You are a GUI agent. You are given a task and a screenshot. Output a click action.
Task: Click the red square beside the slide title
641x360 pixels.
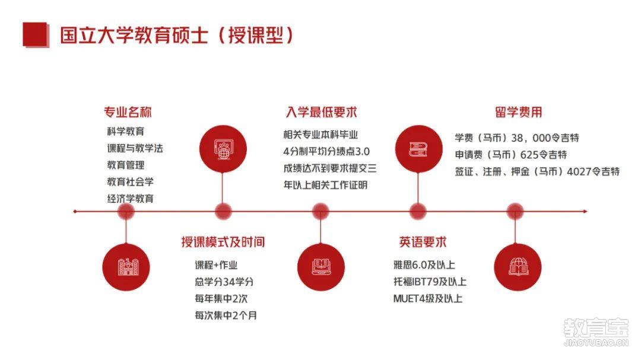point(36,34)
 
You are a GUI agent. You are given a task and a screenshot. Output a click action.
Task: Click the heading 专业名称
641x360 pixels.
point(128,112)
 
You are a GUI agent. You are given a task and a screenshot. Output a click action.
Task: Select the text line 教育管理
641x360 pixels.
point(126,165)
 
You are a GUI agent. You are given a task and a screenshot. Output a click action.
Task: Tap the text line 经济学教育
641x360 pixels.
point(131,199)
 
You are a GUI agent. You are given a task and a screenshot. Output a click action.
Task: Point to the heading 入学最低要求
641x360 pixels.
point(321,112)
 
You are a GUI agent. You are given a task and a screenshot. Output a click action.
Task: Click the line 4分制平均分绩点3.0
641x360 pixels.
point(326,152)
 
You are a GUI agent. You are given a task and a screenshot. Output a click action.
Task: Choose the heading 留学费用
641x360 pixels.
point(518,112)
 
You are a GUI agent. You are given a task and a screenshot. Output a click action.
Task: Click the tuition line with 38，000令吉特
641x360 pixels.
point(517,138)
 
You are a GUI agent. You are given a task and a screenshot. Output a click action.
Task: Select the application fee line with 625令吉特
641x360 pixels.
point(511,155)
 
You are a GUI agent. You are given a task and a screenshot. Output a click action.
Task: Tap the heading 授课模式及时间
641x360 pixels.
point(223,242)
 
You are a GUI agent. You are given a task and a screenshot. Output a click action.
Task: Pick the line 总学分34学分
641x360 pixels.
point(224,282)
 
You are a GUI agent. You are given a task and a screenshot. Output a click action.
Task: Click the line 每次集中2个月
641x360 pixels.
point(226,316)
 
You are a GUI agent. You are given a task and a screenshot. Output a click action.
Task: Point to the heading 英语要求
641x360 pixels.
point(423,242)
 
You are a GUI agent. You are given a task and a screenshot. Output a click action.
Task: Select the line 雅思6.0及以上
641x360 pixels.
point(424,265)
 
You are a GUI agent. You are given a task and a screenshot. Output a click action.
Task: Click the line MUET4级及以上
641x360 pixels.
point(427,299)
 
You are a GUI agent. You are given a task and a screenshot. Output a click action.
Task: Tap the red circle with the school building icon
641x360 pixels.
point(126,267)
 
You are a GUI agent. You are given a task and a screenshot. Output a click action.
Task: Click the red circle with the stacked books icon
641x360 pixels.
point(418,149)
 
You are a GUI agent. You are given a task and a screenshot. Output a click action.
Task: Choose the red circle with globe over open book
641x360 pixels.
point(518,267)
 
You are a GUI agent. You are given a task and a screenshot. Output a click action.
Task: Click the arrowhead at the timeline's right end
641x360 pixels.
point(585,211)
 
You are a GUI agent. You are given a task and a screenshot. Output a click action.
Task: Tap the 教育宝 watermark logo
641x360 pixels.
point(596,332)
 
